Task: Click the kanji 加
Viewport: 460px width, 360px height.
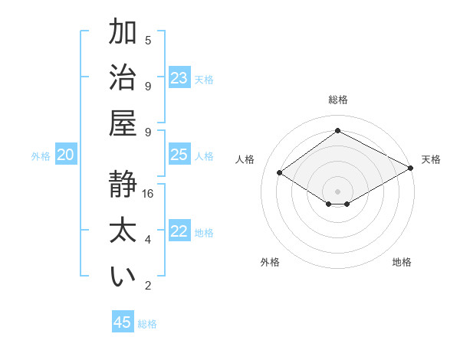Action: tap(123, 33)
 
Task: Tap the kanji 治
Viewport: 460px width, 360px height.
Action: tap(123, 79)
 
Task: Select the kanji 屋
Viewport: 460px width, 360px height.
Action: tap(123, 125)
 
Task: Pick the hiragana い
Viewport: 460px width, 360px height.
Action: tap(123, 277)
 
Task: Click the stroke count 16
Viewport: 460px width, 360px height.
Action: tap(148, 194)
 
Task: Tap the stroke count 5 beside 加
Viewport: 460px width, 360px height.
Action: tap(148, 40)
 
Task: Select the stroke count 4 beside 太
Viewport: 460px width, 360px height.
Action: tap(148, 240)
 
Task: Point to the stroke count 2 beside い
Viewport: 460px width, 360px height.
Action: tap(148, 286)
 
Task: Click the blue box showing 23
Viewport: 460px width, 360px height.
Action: tap(179, 78)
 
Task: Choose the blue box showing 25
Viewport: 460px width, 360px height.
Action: tap(179, 155)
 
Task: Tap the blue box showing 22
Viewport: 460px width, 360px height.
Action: tap(179, 231)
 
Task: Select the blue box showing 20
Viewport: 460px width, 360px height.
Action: tap(65, 155)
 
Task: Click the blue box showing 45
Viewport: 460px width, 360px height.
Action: tap(123, 322)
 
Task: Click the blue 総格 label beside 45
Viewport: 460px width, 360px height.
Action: tap(147, 324)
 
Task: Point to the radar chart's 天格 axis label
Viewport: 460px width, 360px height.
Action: tap(431, 159)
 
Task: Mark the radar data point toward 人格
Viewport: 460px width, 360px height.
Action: tap(280, 173)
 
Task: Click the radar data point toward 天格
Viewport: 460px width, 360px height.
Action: tap(411, 168)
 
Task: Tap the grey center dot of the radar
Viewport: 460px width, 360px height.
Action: tap(337, 191)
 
